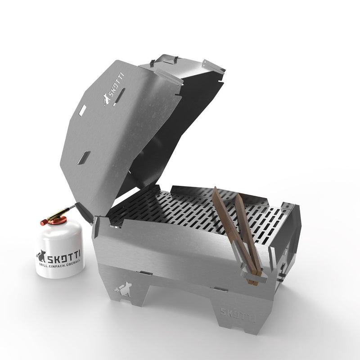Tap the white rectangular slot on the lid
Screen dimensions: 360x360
[x=82, y=109]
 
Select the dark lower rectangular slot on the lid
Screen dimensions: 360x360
[x=84, y=157]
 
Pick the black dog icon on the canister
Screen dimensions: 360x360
[x=41, y=256]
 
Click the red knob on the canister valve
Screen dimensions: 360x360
[x=44, y=221]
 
